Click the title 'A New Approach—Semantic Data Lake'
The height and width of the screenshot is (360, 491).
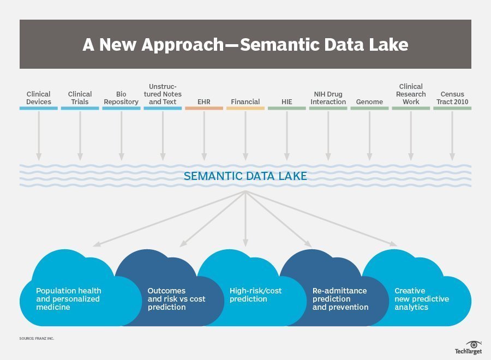coord(245,45)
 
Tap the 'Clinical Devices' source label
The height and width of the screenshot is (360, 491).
coord(39,98)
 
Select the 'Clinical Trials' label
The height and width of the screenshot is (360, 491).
coord(80,98)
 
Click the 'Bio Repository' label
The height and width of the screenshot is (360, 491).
coord(121,98)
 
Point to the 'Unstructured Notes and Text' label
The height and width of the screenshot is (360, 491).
coord(163,94)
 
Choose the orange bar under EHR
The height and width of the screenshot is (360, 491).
coord(204,109)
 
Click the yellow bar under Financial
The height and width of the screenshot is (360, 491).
coord(245,109)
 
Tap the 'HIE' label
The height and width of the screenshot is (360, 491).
coord(287,102)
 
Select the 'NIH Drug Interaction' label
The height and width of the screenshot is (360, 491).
coord(328,98)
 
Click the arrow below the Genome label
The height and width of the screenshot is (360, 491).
coord(369,136)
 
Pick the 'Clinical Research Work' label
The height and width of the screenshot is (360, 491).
coord(411,94)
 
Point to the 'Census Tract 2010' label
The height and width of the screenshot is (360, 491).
coord(452,98)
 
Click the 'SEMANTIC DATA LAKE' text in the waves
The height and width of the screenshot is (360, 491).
coord(245,176)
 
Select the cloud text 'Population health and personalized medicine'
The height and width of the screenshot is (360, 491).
coord(69,299)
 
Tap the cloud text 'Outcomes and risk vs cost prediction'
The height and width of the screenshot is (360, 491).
coord(176,299)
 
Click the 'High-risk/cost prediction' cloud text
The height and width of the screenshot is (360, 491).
coord(255,295)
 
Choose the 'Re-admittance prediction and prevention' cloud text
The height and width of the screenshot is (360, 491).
coord(340,299)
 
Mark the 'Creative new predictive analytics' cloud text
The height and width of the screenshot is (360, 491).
coord(422,299)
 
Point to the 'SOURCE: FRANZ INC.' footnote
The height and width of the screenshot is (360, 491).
coord(37,339)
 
